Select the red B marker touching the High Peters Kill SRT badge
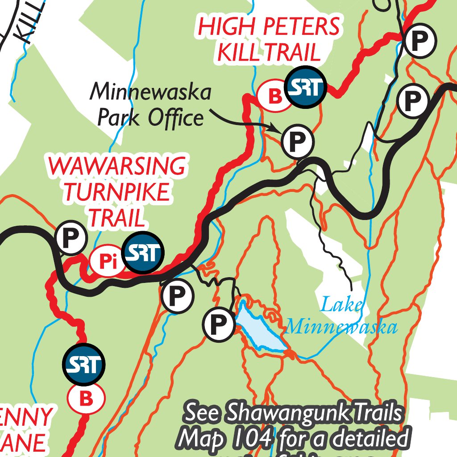click(275, 95)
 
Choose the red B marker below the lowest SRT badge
click(86, 399)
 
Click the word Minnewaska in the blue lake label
click(342, 327)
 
